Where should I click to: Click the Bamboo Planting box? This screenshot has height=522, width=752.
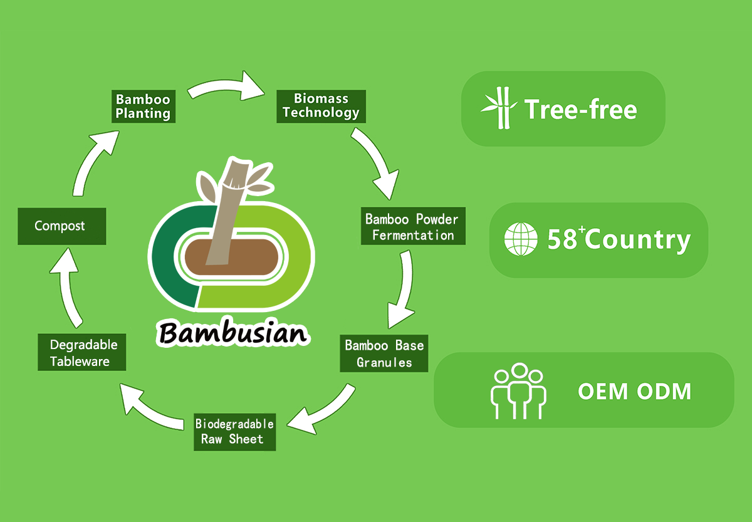click(x=143, y=107)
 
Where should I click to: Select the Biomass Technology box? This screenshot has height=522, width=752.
click(x=321, y=106)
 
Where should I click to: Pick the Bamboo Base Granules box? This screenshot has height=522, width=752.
click(x=384, y=353)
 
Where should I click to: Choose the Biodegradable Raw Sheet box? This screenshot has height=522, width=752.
click(x=234, y=431)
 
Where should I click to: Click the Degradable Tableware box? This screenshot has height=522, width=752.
click(x=82, y=353)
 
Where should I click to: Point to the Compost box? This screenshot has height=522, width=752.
click(x=60, y=226)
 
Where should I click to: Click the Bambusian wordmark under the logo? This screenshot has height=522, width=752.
click(x=233, y=332)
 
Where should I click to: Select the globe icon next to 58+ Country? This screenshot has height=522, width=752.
click(x=521, y=239)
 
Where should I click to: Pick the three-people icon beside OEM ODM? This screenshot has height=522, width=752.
click(x=518, y=390)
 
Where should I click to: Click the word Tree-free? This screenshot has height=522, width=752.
click(x=581, y=109)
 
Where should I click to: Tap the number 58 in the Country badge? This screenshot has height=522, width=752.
click(x=561, y=240)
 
